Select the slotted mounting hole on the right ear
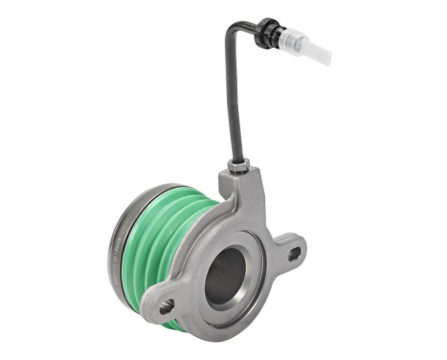294,254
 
